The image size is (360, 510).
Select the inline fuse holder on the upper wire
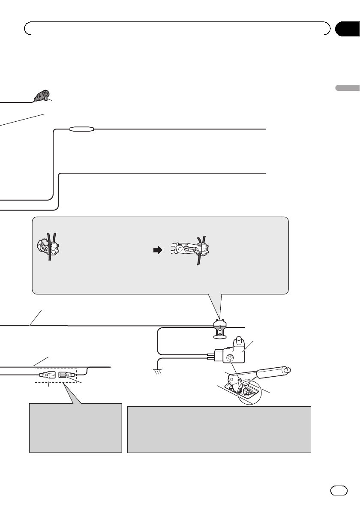[x=82, y=128]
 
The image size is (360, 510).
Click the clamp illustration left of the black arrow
[x=48, y=246]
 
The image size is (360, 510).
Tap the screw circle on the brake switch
[x=230, y=357]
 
